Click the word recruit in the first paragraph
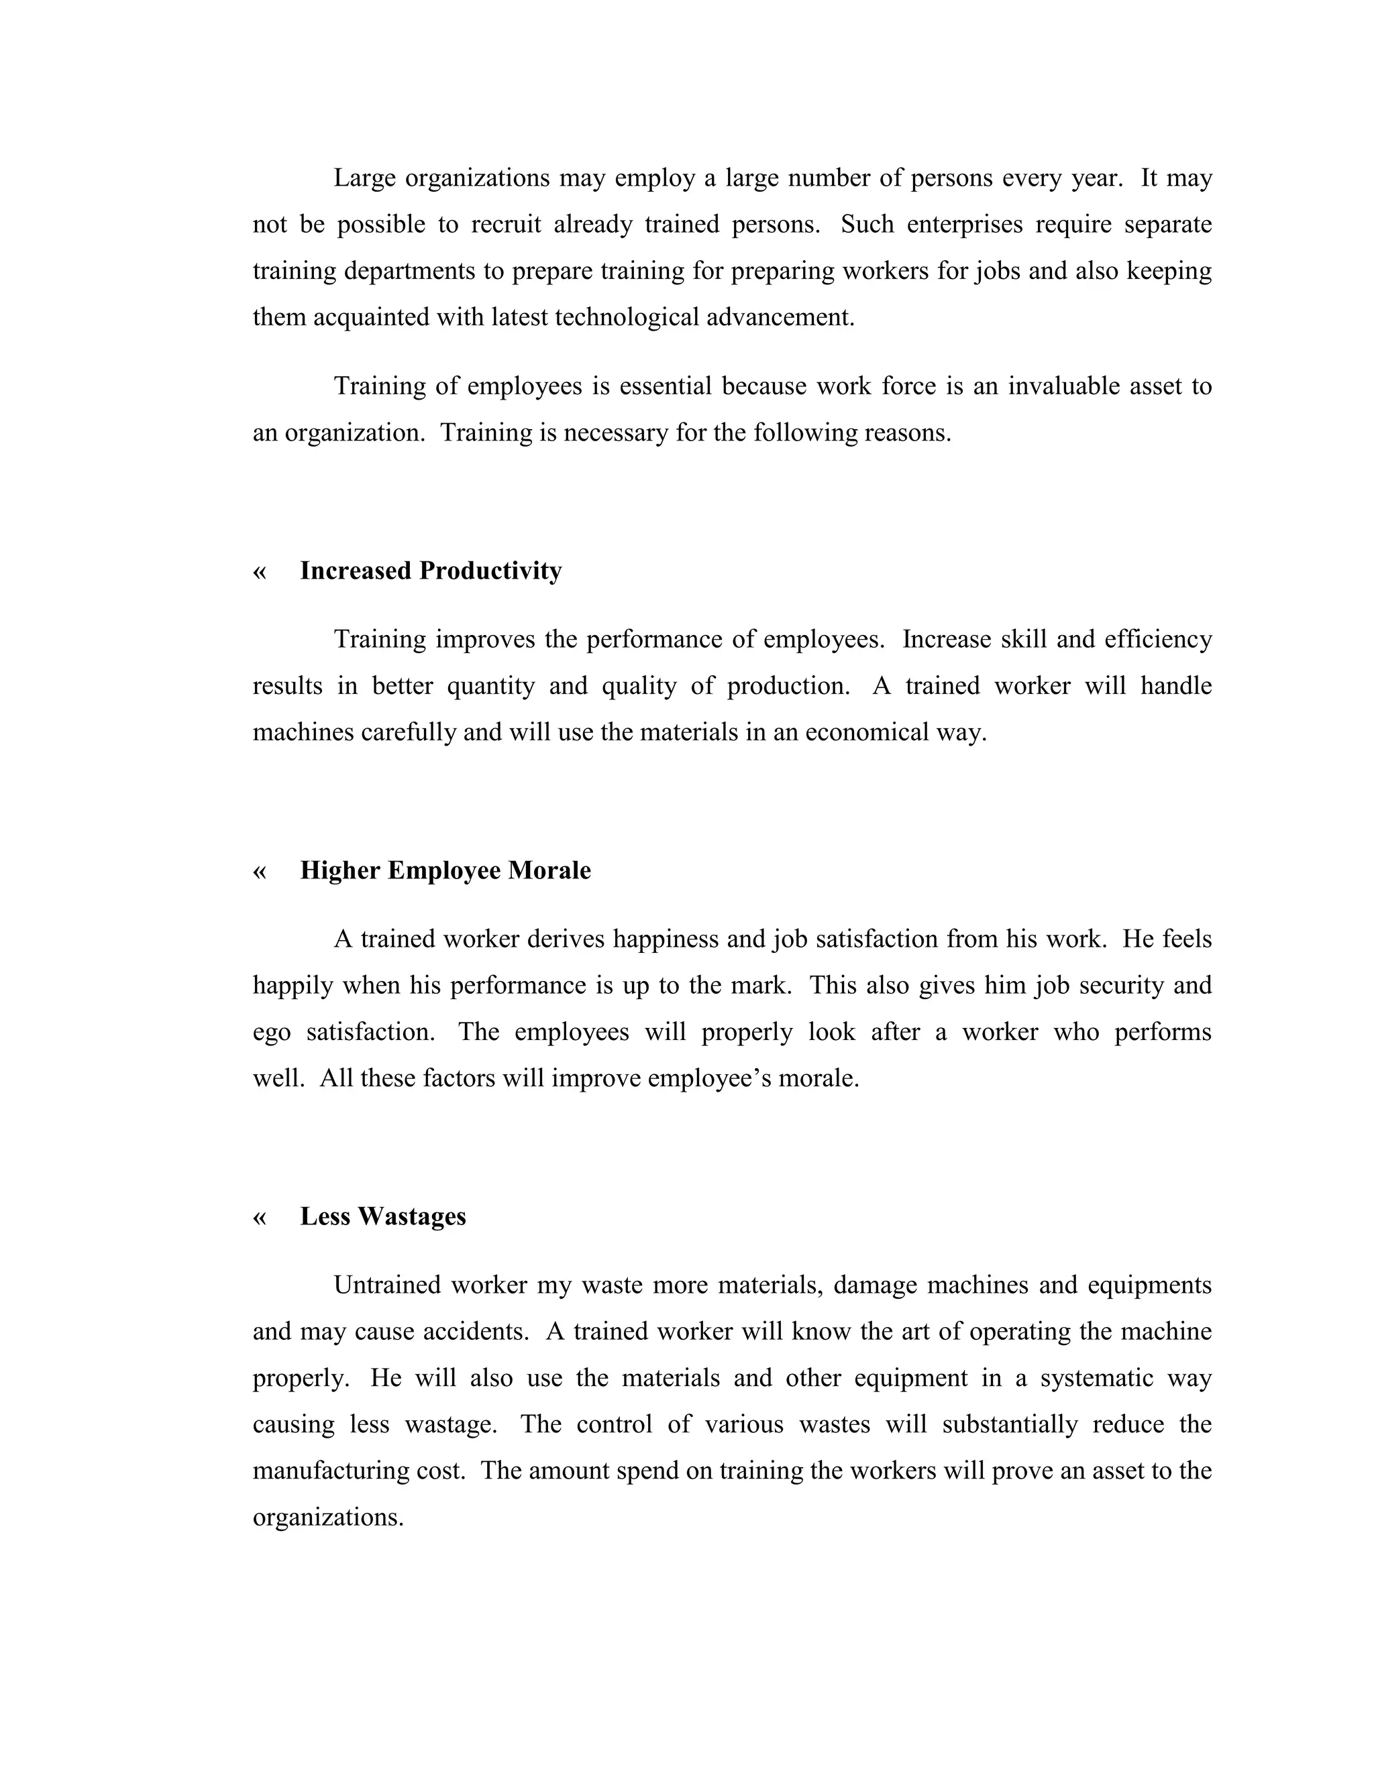[x=505, y=225]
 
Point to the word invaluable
[x=1064, y=386]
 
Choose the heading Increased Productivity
[x=431, y=571]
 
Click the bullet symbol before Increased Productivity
[x=260, y=572]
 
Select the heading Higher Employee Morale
[x=445, y=870]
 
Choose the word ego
[x=271, y=1033]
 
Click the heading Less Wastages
[x=382, y=1216]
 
